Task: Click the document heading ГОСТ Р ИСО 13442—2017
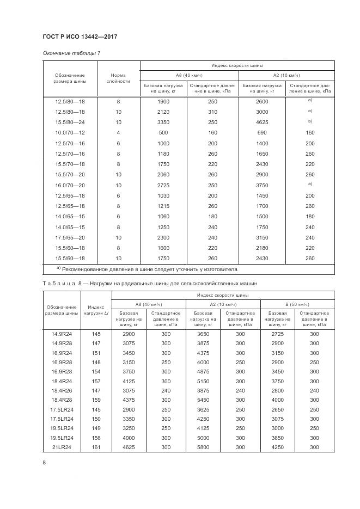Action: tap(80, 37)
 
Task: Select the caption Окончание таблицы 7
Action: tap(71, 53)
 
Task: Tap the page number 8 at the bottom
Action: tap(44, 463)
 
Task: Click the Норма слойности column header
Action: tap(118, 78)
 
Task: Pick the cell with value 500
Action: tap(163, 133)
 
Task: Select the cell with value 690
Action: tap(262, 133)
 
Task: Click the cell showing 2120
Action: tap(163, 112)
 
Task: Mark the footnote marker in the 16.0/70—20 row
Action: tap(309, 184)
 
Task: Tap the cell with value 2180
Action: tap(262, 248)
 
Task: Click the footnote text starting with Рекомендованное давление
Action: tap(150, 269)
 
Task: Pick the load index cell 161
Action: tap(96, 447)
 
